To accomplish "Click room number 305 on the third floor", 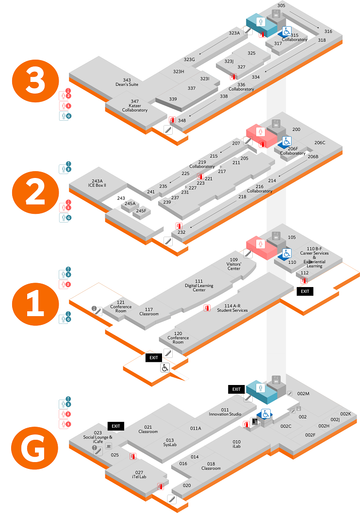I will (281, 6).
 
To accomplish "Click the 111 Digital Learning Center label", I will (199, 286).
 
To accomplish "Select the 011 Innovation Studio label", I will (225, 412).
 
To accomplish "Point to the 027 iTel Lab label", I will (139, 475).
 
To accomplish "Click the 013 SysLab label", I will (170, 442).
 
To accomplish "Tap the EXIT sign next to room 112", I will (305, 291).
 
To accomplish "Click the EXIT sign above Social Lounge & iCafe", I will (115, 426).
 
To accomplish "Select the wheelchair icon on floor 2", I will (286, 141).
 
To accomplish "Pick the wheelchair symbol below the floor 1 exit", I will (165, 368).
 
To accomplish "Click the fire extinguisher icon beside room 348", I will (172, 120).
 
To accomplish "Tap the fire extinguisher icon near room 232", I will (179, 226).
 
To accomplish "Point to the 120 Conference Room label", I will (178, 337).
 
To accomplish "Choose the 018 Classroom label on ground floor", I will (211, 466).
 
